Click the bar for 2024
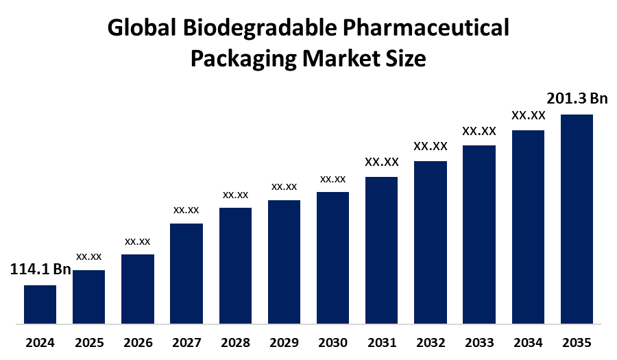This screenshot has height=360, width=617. pyautogui.click(x=40, y=304)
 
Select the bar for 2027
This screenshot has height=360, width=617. pyautogui.click(x=186, y=273)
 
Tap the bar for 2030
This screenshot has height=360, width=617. pyautogui.click(x=332, y=257)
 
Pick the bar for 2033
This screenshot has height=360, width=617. pyautogui.click(x=479, y=234)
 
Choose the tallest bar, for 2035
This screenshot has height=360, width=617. pyautogui.click(x=577, y=218)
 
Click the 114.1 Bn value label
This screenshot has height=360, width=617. pyautogui.click(x=40, y=269)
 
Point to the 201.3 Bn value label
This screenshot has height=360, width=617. pyautogui.click(x=577, y=99)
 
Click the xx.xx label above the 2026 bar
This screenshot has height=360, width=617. pyautogui.click(x=137, y=241)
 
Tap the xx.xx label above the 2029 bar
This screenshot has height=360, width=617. pyautogui.click(x=284, y=187)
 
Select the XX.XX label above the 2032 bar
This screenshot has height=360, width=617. pyautogui.click(x=431, y=146)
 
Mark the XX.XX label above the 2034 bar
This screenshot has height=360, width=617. pyautogui.click(x=528, y=115)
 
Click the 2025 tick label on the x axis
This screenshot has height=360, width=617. pyautogui.click(x=88, y=342)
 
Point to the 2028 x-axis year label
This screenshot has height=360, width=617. pyautogui.click(x=235, y=342)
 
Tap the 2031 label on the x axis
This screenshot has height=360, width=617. pyautogui.click(x=382, y=342)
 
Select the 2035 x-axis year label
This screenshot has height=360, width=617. pyautogui.click(x=577, y=342)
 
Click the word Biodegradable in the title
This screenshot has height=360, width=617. pyautogui.click(x=253, y=29)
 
